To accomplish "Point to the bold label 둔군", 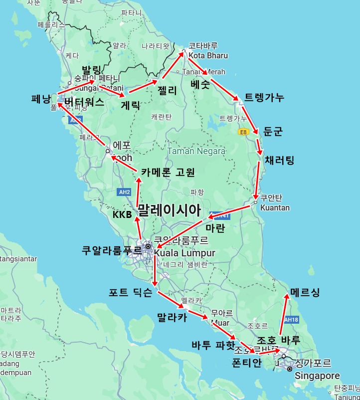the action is tap(273, 131).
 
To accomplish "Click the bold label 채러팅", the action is tap(279, 160).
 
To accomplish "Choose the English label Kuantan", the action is tap(275, 207).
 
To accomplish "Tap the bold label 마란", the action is tap(215, 228).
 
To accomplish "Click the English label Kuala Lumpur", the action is tap(185, 253).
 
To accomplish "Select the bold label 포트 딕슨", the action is tap(131, 293).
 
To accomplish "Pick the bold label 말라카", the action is tap(172, 317).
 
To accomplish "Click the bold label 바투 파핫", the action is tap(213, 345).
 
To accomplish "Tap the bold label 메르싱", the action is tap(305, 292).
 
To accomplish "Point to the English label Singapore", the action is tap(317, 376).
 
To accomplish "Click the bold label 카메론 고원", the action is tap(168, 172).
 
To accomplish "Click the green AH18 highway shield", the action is tap(291, 319).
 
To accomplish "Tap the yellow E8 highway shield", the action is tap(243, 132).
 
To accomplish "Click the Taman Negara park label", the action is tap(196, 151).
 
